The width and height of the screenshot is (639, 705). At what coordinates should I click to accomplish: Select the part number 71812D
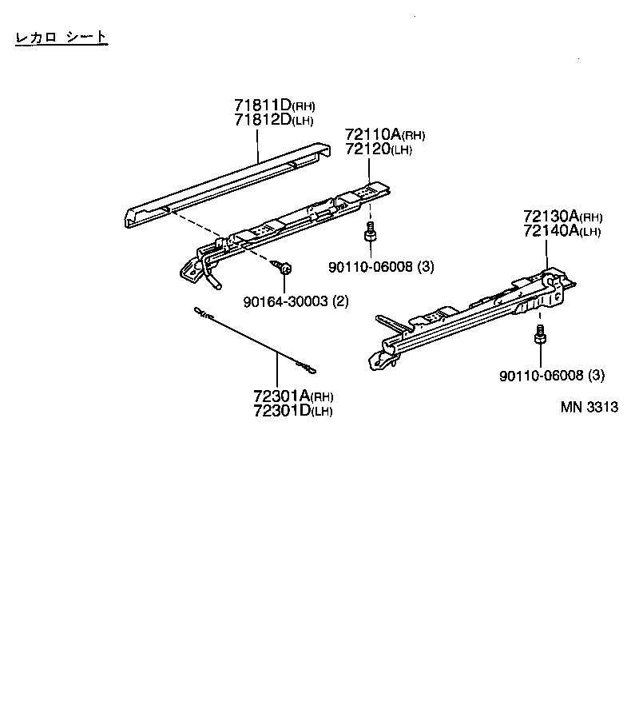263,121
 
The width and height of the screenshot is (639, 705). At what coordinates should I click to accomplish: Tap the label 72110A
373,134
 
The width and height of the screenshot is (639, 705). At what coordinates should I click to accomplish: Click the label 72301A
281,396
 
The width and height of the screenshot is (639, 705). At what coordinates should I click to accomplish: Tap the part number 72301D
281,411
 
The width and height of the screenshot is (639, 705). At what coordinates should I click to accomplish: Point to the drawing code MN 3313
589,406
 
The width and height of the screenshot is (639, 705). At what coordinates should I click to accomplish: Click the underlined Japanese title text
61,37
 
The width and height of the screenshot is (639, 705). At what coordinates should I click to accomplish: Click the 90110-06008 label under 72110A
371,267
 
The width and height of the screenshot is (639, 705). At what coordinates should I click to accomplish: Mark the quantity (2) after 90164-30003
342,301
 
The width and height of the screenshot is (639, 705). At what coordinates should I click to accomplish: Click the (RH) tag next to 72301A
323,397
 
